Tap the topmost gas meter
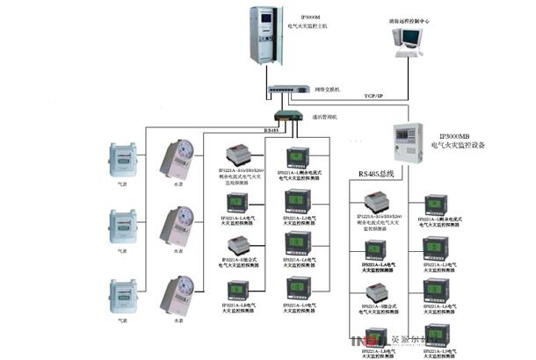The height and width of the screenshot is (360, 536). (x=123, y=158)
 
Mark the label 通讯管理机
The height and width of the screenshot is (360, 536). (x=326, y=117)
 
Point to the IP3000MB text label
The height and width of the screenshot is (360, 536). (x=458, y=137)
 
